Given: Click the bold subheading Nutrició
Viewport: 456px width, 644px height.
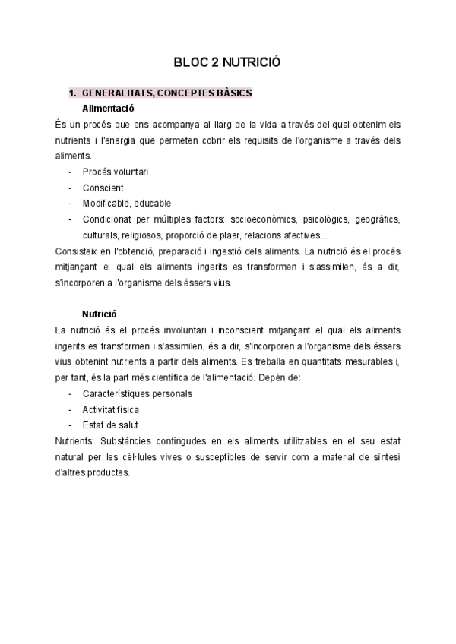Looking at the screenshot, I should pos(100,314).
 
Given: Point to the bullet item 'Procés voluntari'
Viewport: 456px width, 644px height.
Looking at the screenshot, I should pos(115,172).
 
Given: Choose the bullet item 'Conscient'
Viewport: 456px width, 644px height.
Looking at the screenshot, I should pos(103,188).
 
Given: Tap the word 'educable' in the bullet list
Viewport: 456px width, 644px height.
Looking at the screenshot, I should pos(153,204).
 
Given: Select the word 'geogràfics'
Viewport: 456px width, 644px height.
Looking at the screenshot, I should pos(378,219).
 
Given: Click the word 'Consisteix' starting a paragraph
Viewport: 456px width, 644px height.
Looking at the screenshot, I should pos(77,251).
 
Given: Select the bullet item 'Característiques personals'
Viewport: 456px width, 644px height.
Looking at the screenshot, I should pos(137,393).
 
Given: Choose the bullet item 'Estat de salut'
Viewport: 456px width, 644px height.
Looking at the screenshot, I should pos(110,425).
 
